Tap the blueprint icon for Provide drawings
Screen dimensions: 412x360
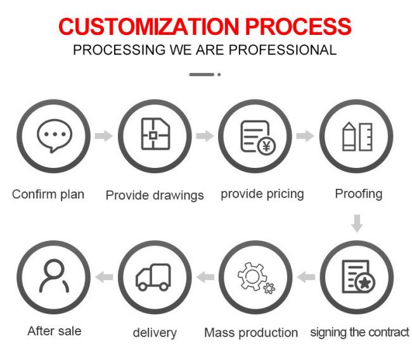(155, 134)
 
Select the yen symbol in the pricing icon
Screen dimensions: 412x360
(266, 146)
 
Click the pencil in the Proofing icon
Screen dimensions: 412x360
(349, 136)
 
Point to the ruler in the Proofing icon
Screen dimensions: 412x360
(366, 137)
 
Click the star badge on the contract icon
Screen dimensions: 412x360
(364, 283)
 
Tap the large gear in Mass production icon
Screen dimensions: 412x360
(252, 276)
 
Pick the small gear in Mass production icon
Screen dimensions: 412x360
(269, 288)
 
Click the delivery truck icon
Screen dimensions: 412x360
(153, 277)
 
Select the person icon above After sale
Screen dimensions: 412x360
(54, 276)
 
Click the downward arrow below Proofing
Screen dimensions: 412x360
(357, 223)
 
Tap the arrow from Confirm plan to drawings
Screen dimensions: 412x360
(104, 136)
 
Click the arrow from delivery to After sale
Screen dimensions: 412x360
(104, 277)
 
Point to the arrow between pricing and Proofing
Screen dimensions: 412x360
(305, 136)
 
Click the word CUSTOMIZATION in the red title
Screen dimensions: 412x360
(149, 27)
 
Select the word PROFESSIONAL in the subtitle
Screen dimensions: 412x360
(283, 50)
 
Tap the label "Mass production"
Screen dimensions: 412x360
(251, 333)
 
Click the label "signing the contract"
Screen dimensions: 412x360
(360, 332)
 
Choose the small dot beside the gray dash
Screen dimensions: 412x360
(219, 75)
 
